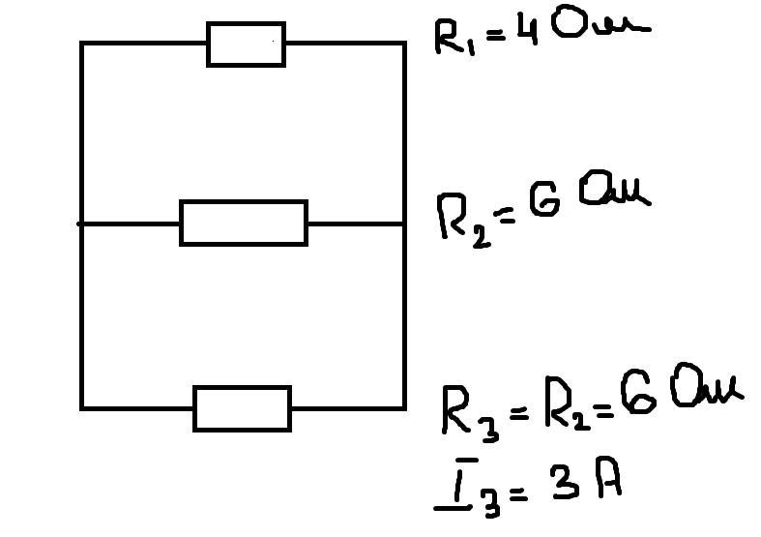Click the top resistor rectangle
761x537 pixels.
[246, 45]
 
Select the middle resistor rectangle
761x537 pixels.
[243, 224]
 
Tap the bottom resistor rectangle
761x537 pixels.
[242, 408]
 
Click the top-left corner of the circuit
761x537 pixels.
[82, 44]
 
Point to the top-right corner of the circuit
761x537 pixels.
[403, 44]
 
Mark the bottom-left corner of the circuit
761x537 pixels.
[82, 407]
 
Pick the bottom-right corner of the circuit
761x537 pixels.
[403, 407]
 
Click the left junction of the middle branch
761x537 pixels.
[82, 224]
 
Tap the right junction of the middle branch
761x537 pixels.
[403, 224]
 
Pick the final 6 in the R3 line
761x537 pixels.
[634, 394]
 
